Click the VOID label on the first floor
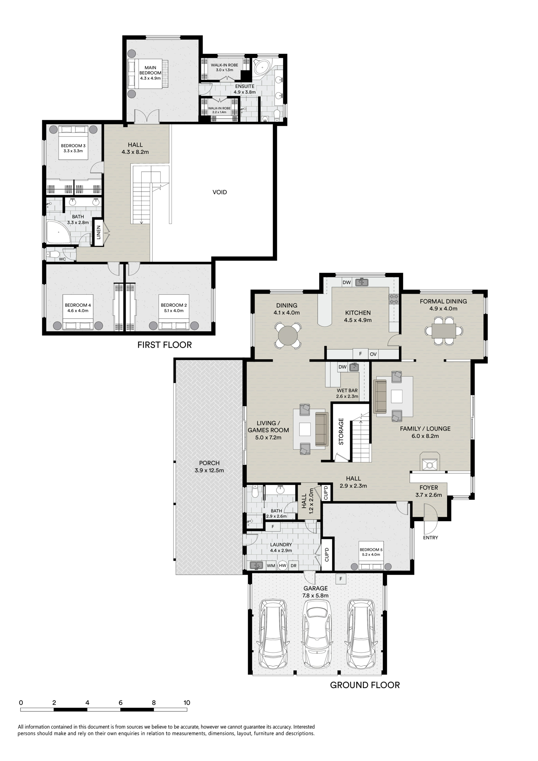pyautogui.click(x=220, y=192)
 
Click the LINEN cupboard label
pyautogui.click(x=99, y=232)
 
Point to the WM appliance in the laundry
pyautogui.click(x=271, y=566)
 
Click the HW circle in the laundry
pyautogui.click(x=282, y=566)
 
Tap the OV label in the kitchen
pyautogui.click(x=373, y=354)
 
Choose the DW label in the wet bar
pyautogui.click(x=342, y=367)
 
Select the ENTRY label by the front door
pyautogui.click(x=430, y=538)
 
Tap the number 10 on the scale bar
pyautogui.click(x=187, y=702)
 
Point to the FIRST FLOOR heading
pyautogui.click(x=164, y=345)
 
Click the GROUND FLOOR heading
pyautogui.click(x=365, y=685)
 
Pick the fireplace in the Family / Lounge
pyautogui.click(x=429, y=462)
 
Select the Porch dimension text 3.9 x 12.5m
pyautogui.click(x=209, y=470)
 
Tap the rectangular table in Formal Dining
pyautogui.click(x=444, y=331)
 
